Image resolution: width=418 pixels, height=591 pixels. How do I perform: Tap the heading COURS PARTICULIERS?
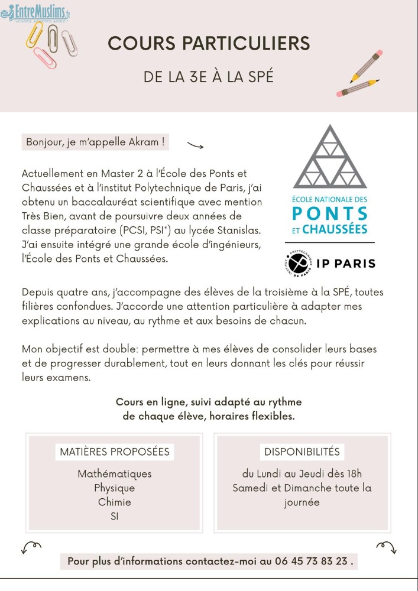(209, 43)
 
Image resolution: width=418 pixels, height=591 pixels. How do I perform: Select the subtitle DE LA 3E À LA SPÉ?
(209, 76)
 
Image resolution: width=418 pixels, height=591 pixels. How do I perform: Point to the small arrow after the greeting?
(195, 145)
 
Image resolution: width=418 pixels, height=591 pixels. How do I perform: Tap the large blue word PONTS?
(330, 213)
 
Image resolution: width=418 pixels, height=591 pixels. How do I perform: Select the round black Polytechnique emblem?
(297, 262)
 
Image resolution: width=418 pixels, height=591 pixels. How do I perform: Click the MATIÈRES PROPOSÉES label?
(115, 452)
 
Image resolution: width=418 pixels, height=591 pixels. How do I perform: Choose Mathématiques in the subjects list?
(115, 474)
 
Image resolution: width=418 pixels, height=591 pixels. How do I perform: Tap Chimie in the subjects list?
(115, 502)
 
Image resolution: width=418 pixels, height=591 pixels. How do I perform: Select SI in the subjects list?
(115, 517)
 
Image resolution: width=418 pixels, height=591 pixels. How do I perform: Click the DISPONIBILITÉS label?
(302, 452)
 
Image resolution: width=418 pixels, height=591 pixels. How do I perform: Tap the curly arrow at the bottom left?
(31, 546)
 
